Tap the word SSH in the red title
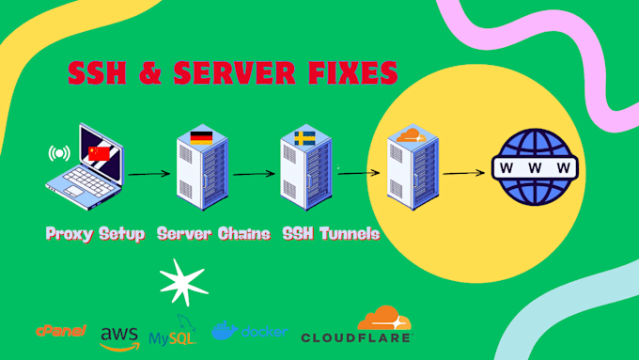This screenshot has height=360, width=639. click(98, 73)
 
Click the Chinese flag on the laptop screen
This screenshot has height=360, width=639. click(99, 153)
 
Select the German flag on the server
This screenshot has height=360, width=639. click(201, 137)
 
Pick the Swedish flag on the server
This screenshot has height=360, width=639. click(304, 138)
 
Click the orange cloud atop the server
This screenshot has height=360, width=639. click(412, 135)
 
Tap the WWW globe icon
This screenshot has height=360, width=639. click(535, 167)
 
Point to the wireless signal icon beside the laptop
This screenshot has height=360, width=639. click(59, 153)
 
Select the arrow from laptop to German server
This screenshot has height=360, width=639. click(149, 174)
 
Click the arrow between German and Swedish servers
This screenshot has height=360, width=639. click(254, 174)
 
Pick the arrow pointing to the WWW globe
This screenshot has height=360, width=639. click(464, 173)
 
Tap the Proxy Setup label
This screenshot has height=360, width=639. click(95, 234)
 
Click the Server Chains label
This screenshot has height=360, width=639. click(213, 234)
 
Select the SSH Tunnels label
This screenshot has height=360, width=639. click(331, 234)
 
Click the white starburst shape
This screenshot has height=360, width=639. click(183, 283)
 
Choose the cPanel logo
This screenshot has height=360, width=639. click(61, 331)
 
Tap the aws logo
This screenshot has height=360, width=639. click(119, 338)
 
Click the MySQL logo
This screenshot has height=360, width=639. click(173, 330)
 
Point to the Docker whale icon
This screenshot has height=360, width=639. click(225, 330)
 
